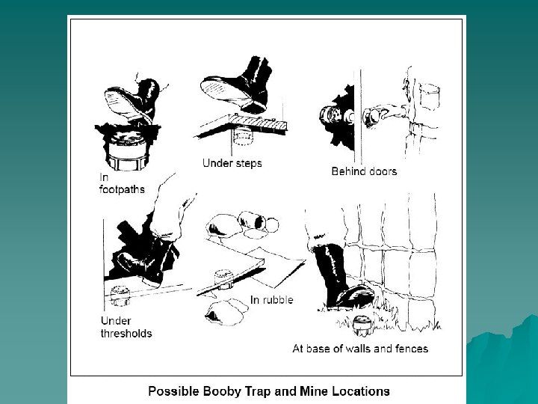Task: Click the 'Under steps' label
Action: pos(232,163)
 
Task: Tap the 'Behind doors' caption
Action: pos(364,171)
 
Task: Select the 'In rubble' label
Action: pos(271,300)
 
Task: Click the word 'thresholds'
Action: pos(126,333)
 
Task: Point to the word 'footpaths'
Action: pos(122,189)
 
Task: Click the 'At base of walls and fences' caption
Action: pos(360,349)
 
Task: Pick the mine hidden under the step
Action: pos(243,136)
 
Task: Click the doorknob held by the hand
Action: pos(371,117)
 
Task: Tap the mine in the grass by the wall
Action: pos(362,325)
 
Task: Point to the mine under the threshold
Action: pos(120,296)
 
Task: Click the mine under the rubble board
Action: pos(224,279)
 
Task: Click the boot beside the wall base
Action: pos(343,278)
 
